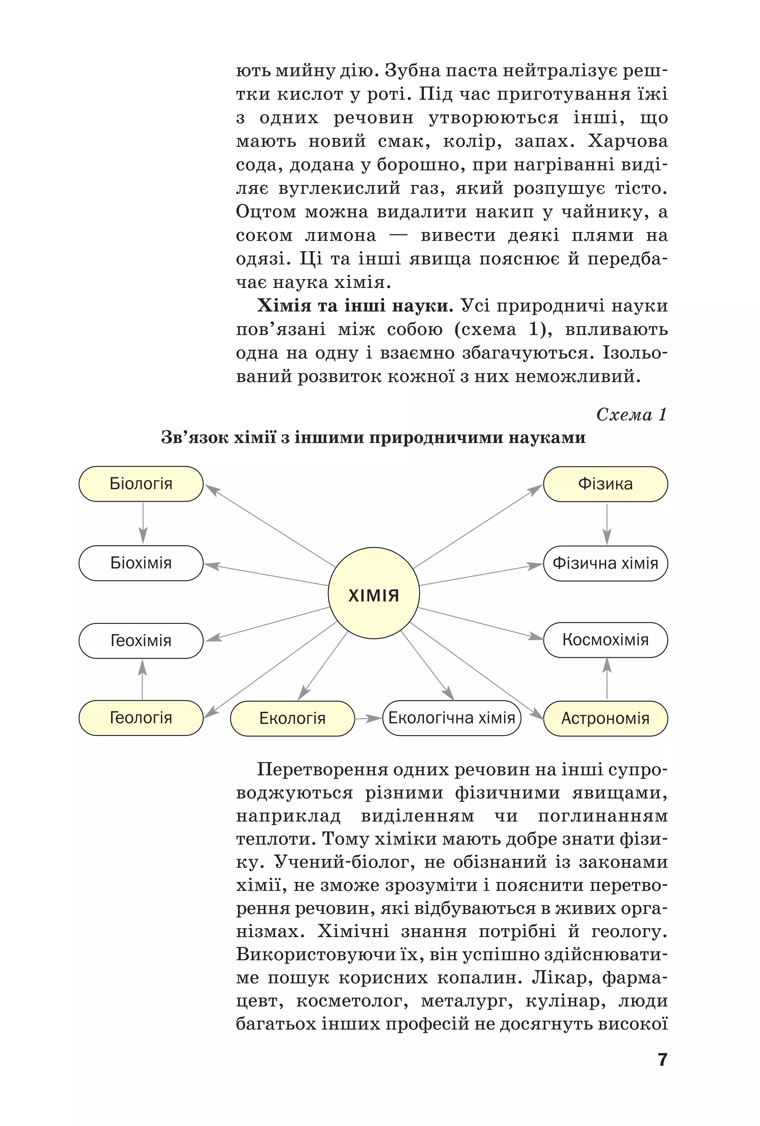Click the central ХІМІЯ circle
(373, 595)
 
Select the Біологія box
(141, 484)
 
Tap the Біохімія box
(141, 563)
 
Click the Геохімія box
(141, 641)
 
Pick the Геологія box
(141, 717)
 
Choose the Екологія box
(292, 718)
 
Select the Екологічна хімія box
(452, 717)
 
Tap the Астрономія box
(605, 718)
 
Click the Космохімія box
(605, 639)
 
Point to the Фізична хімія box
(605, 563)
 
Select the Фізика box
(605, 484)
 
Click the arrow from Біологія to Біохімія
(142, 523)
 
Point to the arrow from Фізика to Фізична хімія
(606, 524)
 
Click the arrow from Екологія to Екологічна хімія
(368, 718)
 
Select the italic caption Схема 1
(631, 414)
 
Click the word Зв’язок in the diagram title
(194, 438)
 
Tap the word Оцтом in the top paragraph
(265, 212)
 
